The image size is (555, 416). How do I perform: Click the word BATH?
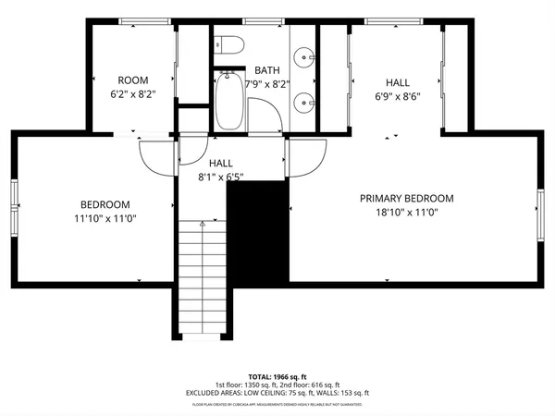click(267, 70)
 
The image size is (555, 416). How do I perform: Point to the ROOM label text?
click(134, 80)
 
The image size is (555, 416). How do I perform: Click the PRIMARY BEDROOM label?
click(407, 198)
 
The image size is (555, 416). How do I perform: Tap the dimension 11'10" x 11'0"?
click(105, 219)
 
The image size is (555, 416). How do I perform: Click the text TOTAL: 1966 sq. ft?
click(277, 376)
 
